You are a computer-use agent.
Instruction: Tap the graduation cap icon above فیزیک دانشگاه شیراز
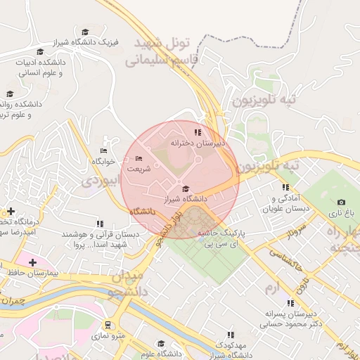(x=85, y=32)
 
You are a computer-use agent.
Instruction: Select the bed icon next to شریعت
(x=138, y=159)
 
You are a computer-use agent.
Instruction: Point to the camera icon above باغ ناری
(x=342, y=202)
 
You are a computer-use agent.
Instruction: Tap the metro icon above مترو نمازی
(x=108, y=325)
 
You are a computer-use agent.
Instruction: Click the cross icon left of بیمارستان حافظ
(x=32, y=262)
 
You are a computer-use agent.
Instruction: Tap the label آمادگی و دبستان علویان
(x=285, y=204)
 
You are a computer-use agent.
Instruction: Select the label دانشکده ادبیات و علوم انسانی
(x=40, y=67)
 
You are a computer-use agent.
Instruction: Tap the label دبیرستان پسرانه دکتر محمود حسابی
(x=285, y=319)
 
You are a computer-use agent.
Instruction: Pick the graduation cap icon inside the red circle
(x=186, y=188)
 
